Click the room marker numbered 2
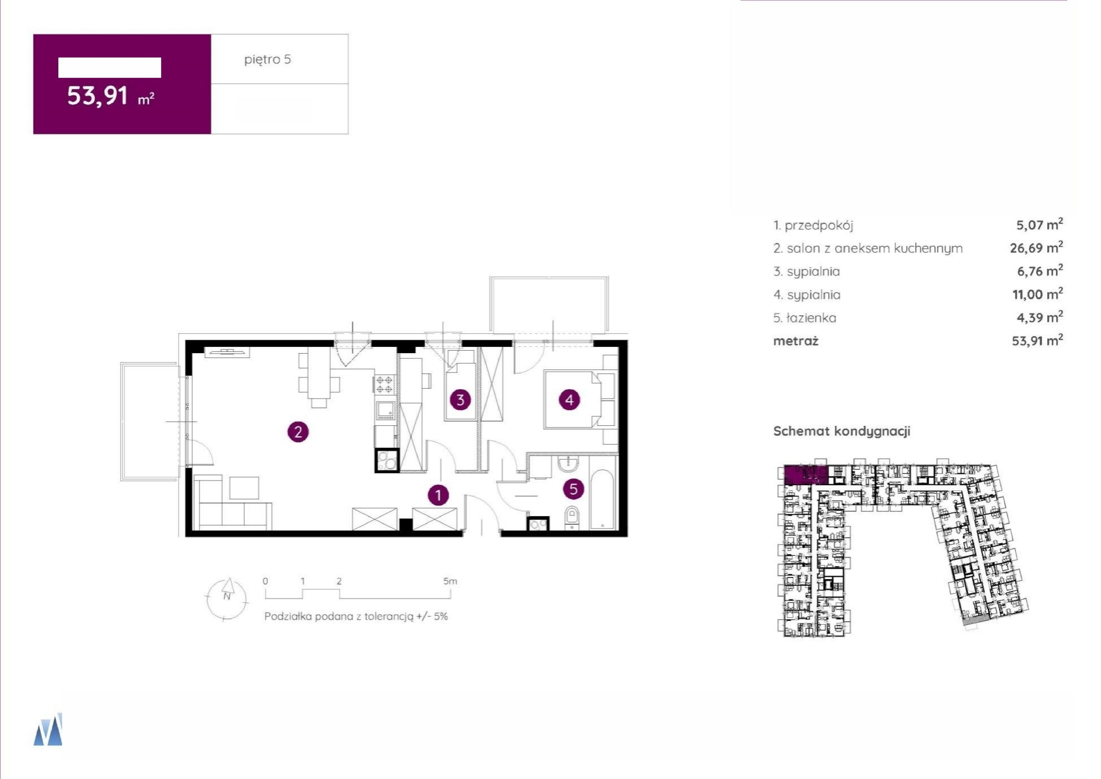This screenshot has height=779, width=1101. [x=298, y=432]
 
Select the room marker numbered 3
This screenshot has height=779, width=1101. [x=460, y=400]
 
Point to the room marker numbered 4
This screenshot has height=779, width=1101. [x=569, y=400]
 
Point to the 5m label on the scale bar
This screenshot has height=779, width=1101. [x=450, y=581]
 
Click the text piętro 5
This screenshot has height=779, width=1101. [x=268, y=59]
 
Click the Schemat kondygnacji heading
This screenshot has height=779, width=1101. [x=841, y=431]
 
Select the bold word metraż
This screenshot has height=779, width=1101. [x=795, y=341]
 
